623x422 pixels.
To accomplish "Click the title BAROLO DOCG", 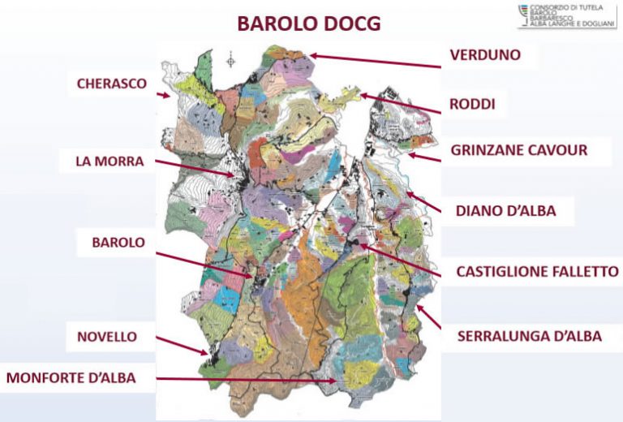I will (x=308, y=24).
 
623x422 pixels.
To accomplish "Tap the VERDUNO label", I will (x=484, y=55).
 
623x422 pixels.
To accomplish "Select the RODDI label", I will (x=472, y=105).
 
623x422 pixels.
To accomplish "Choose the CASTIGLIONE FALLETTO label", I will (x=537, y=272).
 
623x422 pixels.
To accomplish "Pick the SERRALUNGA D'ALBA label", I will (x=529, y=335).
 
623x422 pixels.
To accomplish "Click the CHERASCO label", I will (x=112, y=83).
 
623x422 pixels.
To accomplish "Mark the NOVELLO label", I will (x=107, y=336).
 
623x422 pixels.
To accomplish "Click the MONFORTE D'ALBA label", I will (x=71, y=377).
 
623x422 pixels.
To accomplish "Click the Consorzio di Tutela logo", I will (x=566, y=16).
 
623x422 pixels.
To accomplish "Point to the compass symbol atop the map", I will (x=232, y=59).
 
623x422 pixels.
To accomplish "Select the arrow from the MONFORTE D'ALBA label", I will (x=243, y=379).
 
